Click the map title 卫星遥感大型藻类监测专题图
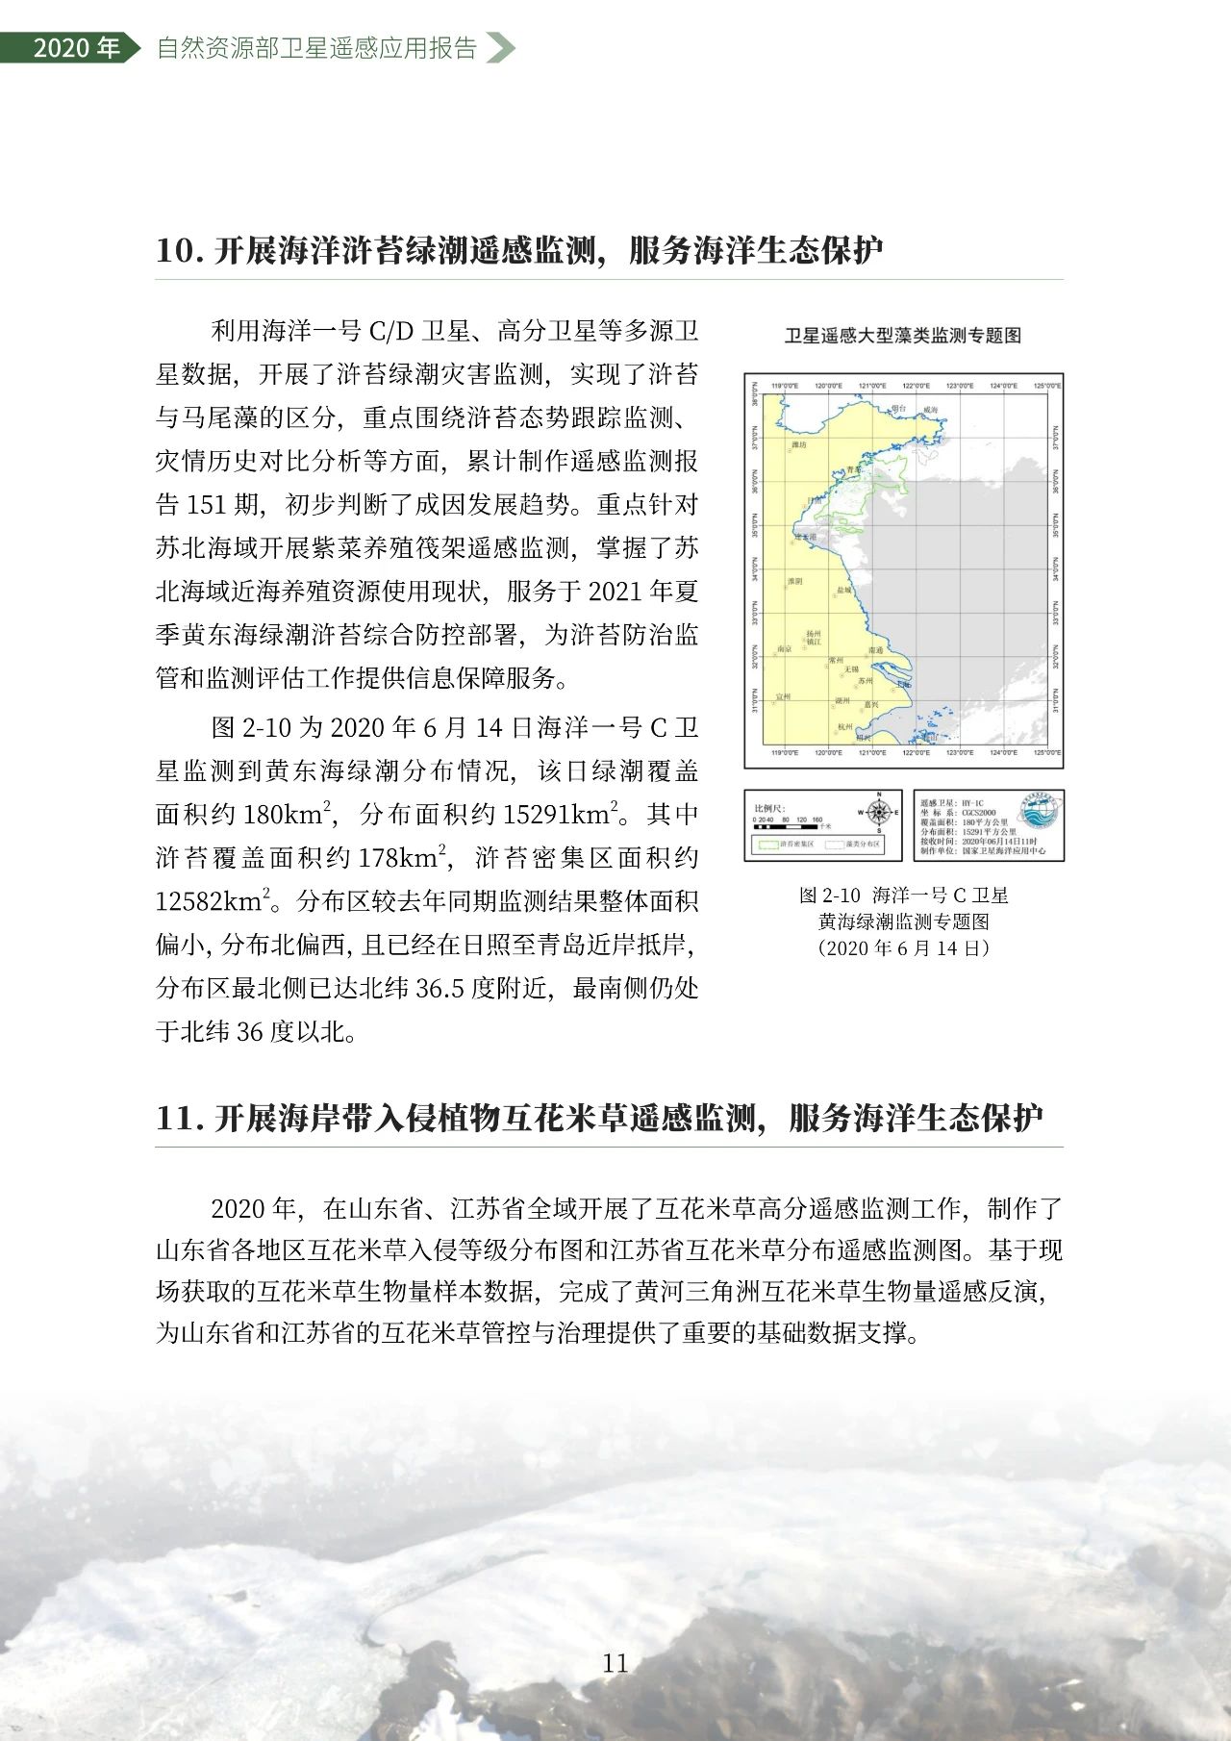click(902, 336)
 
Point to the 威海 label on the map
click(929, 410)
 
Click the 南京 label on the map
click(784, 649)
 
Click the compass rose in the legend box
click(878, 813)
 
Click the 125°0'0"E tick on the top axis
click(1043, 386)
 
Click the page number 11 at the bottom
click(615, 1663)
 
